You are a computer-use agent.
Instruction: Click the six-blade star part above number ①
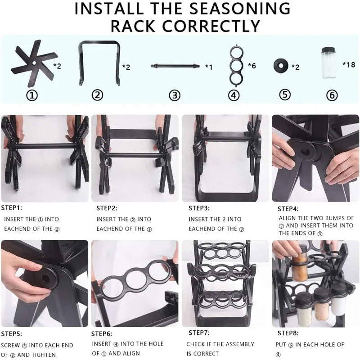coord(34,66)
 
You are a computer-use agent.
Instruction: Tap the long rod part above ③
coord(175,66)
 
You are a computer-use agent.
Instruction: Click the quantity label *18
coord(349,64)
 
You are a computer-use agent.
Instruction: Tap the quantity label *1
coord(208,67)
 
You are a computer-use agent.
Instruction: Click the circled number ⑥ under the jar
coord(331,95)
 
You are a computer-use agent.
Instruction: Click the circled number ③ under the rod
coord(175,95)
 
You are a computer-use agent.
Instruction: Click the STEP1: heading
coord(12,208)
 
